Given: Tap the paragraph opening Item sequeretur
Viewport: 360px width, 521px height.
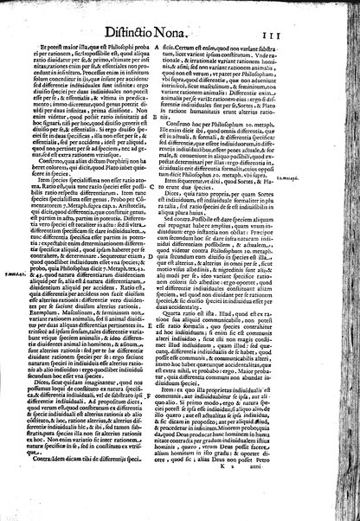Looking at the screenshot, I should (x=208, y=228).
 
